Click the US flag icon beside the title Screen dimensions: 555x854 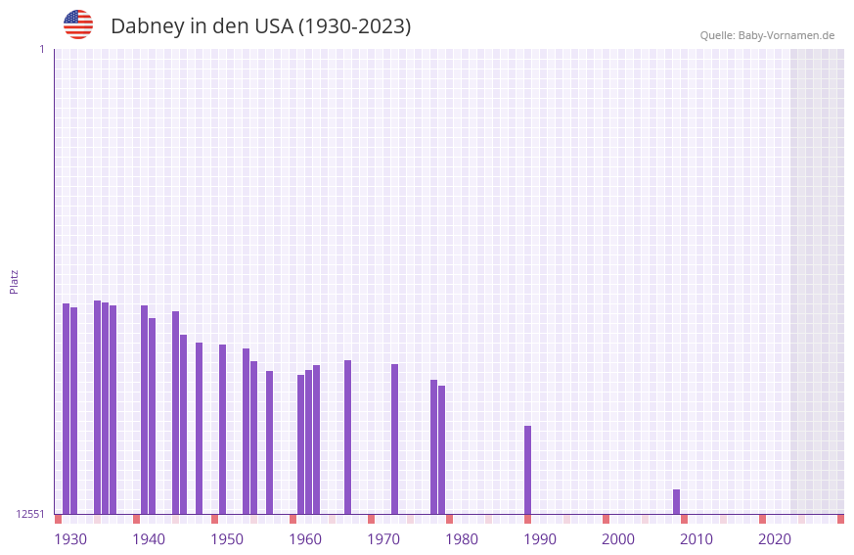(x=78, y=24)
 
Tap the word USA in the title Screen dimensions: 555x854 (x=273, y=26)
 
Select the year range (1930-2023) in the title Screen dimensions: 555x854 (x=354, y=26)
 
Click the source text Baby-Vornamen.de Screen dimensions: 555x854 (x=786, y=35)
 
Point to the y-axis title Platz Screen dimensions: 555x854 (x=14, y=281)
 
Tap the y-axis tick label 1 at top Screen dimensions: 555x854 (x=41, y=49)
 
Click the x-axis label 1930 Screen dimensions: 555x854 (x=70, y=539)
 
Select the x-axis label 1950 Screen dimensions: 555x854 (x=227, y=539)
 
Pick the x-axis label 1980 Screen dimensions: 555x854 (x=462, y=539)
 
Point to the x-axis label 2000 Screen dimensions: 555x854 (x=618, y=539)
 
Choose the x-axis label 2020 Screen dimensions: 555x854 (x=775, y=539)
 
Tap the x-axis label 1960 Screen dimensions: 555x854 (x=305, y=539)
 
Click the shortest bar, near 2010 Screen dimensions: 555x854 (x=676, y=502)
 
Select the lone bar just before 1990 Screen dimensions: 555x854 (x=527, y=470)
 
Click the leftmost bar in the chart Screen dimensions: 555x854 (x=66, y=408)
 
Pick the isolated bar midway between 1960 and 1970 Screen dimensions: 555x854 (x=347, y=437)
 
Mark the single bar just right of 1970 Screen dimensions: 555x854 (x=394, y=439)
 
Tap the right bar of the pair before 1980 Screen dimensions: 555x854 (x=441, y=449)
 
